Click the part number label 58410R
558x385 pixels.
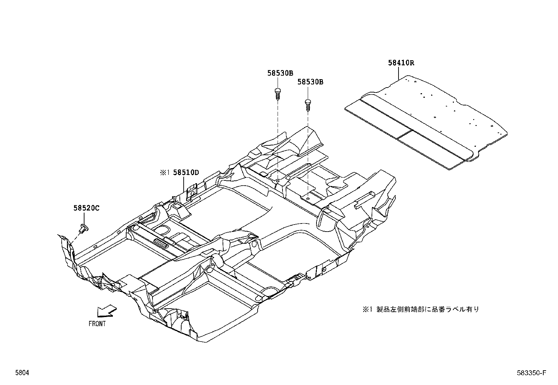[x=401, y=63]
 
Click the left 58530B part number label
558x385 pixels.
[x=280, y=73]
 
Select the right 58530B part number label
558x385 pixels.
[x=310, y=82]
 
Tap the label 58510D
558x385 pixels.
[x=186, y=172]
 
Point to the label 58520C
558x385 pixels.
[x=86, y=208]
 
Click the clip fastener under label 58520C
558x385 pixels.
[x=84, y=228]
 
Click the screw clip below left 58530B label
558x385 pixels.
[x=278, y=94]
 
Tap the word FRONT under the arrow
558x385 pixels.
[x=97, y=324]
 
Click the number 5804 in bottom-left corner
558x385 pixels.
[x=21, y=373]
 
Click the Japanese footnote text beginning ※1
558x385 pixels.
[x=421, y=309]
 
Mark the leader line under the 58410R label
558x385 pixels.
[x=399, y=73]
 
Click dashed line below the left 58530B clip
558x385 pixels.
[x=278, y=140]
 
